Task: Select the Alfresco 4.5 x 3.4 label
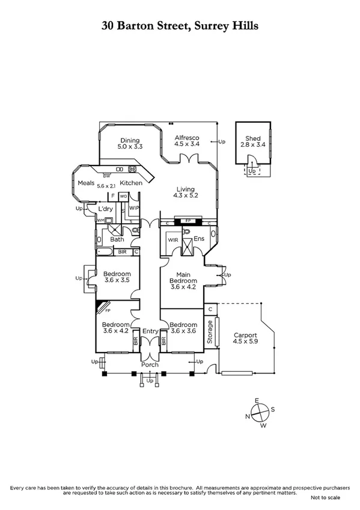point(186,140)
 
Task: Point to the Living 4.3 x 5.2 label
point(185,191)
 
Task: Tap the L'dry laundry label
point(106,209)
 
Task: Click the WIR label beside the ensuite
point(173,239)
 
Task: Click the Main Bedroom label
point(183,277)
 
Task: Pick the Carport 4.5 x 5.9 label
point(245,339)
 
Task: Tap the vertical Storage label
point(210,331)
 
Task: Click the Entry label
point(150,331)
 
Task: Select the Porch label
point(150,365)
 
